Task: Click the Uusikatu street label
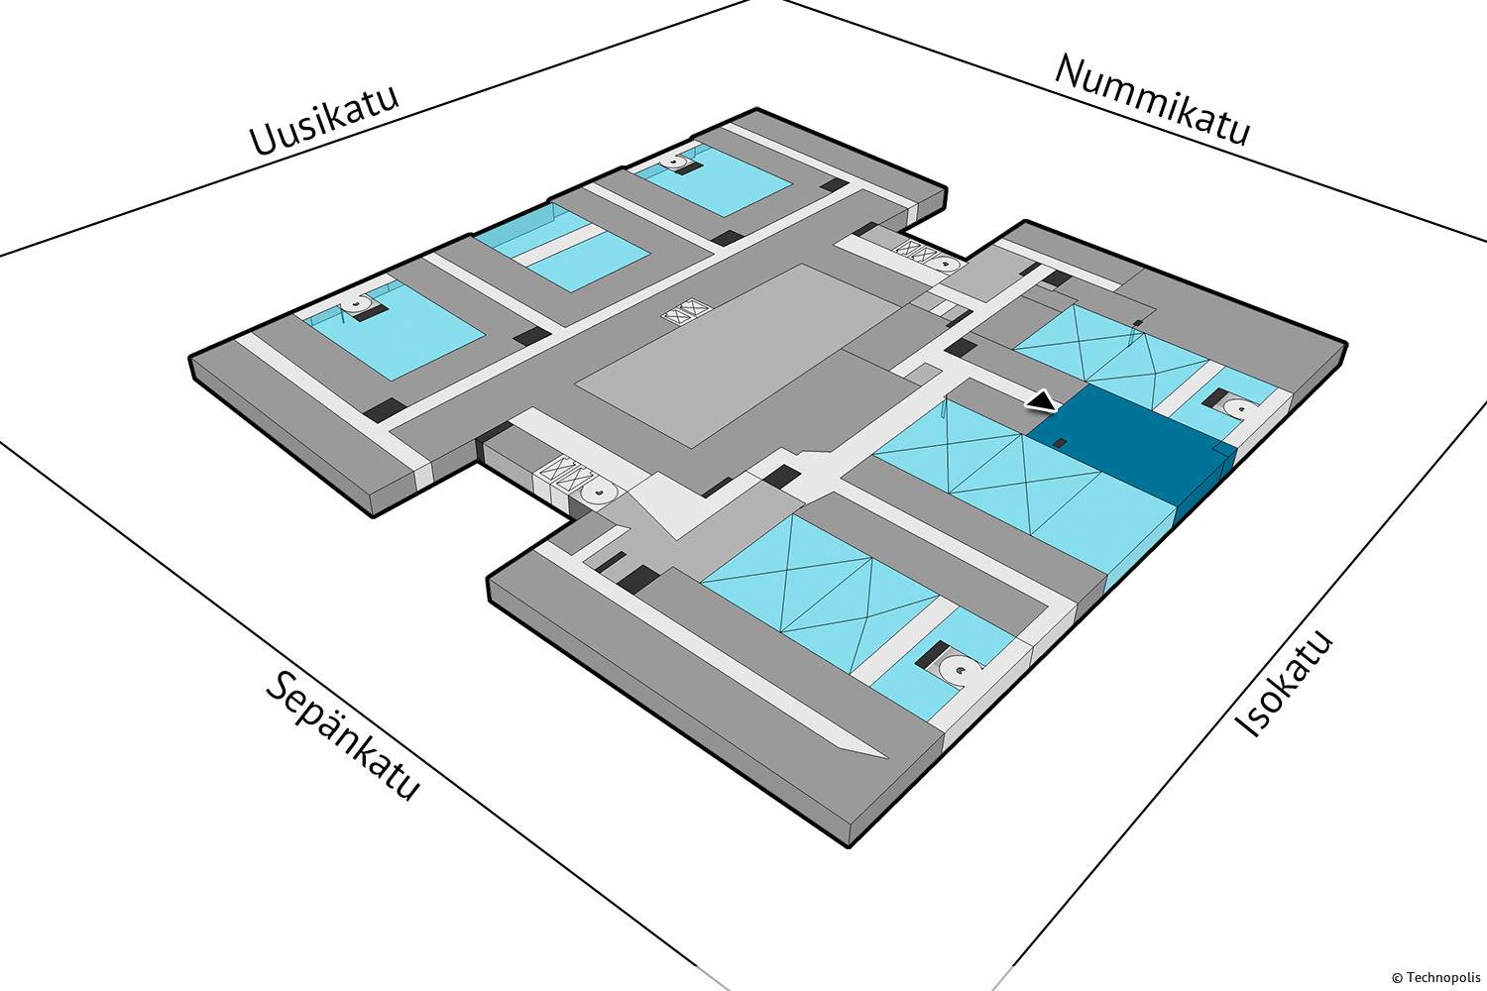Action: (324, 121)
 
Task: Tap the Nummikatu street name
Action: (1152, 99)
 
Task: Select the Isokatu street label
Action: (1285, 685)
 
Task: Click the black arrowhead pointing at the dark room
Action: (1042, 401)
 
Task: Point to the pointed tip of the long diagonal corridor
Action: (882, 758)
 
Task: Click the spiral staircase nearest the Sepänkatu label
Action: (599, 491)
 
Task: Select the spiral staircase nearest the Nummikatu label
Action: (945, 266)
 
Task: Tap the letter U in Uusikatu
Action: (262, 142)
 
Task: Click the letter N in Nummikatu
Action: (1069, 71)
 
